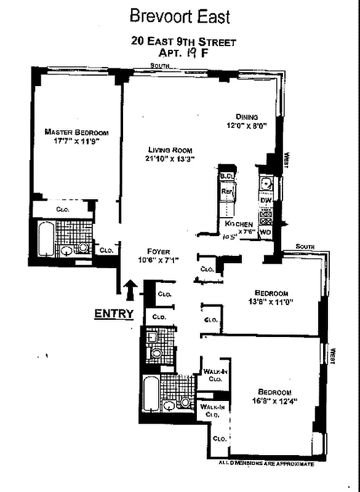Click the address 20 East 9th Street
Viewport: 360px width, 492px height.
(183, 42)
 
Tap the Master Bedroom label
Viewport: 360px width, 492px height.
(76, 132)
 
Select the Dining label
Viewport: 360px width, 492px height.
(247, 117)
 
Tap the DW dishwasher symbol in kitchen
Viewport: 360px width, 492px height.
(266, 200)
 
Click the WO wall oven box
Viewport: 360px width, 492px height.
(266, 232)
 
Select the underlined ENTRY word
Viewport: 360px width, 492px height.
(113, 314)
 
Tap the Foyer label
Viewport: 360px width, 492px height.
(158, 251)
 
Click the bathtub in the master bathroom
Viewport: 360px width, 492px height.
(45, 240)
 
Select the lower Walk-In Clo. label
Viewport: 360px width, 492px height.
(210, 410)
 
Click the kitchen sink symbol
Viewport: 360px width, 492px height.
(266, 183)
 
